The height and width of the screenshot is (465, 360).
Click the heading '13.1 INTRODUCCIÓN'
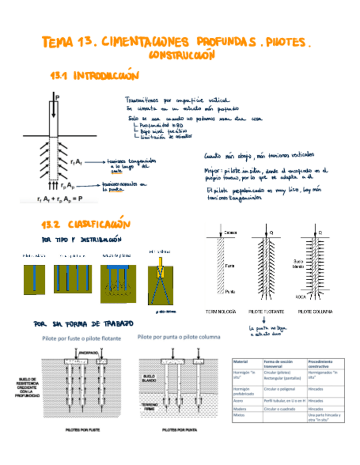[x=94, y=75]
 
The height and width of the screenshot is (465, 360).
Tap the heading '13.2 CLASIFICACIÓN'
[x=86, y=225]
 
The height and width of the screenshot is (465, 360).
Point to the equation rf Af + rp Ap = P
[x=60, y=199]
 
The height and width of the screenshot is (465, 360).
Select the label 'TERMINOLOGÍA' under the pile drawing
[x=220, y=311]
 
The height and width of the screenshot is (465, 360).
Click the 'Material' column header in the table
[x=241, y=362]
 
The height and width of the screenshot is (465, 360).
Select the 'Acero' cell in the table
[x=239, y=401]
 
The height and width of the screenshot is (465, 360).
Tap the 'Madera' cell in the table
[x=241, y=409]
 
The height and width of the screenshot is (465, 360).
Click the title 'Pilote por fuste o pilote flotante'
[x=82, y=338]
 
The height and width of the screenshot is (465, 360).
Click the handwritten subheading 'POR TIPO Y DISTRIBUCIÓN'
[x=80, y=240]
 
